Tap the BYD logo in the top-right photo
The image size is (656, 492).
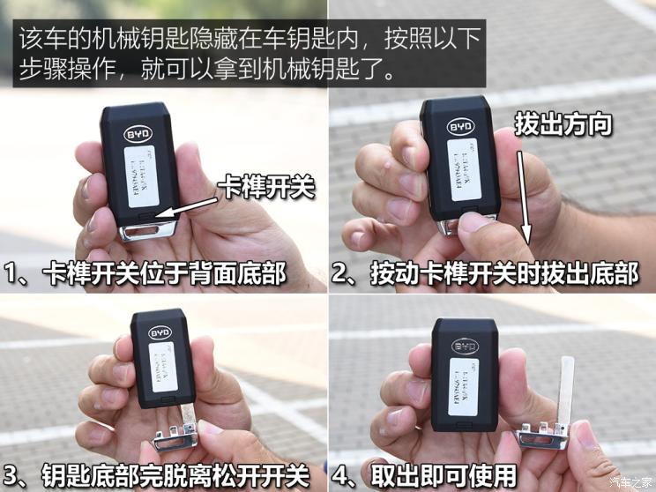point(460,127)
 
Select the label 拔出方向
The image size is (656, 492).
point(564,123)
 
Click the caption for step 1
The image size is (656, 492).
point(145,273)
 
